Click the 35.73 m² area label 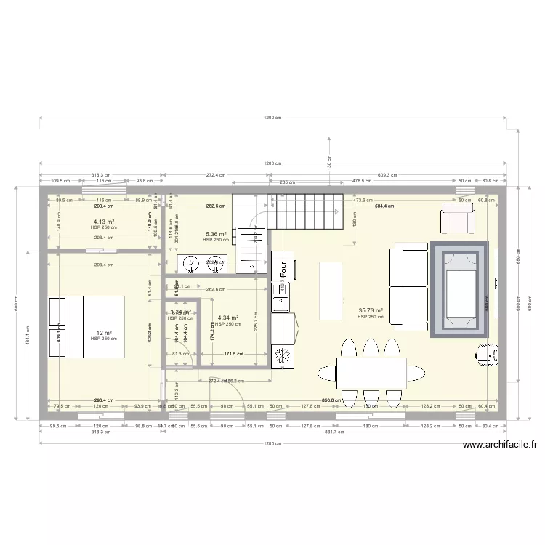click(370, 310)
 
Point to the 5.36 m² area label click(215, 234)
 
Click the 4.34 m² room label click(227, 318)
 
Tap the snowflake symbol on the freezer click(283, 355)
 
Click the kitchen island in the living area click(331, 291)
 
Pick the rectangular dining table click(371, 373)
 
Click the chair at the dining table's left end click(326, 374)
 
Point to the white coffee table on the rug click(461, 291)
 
